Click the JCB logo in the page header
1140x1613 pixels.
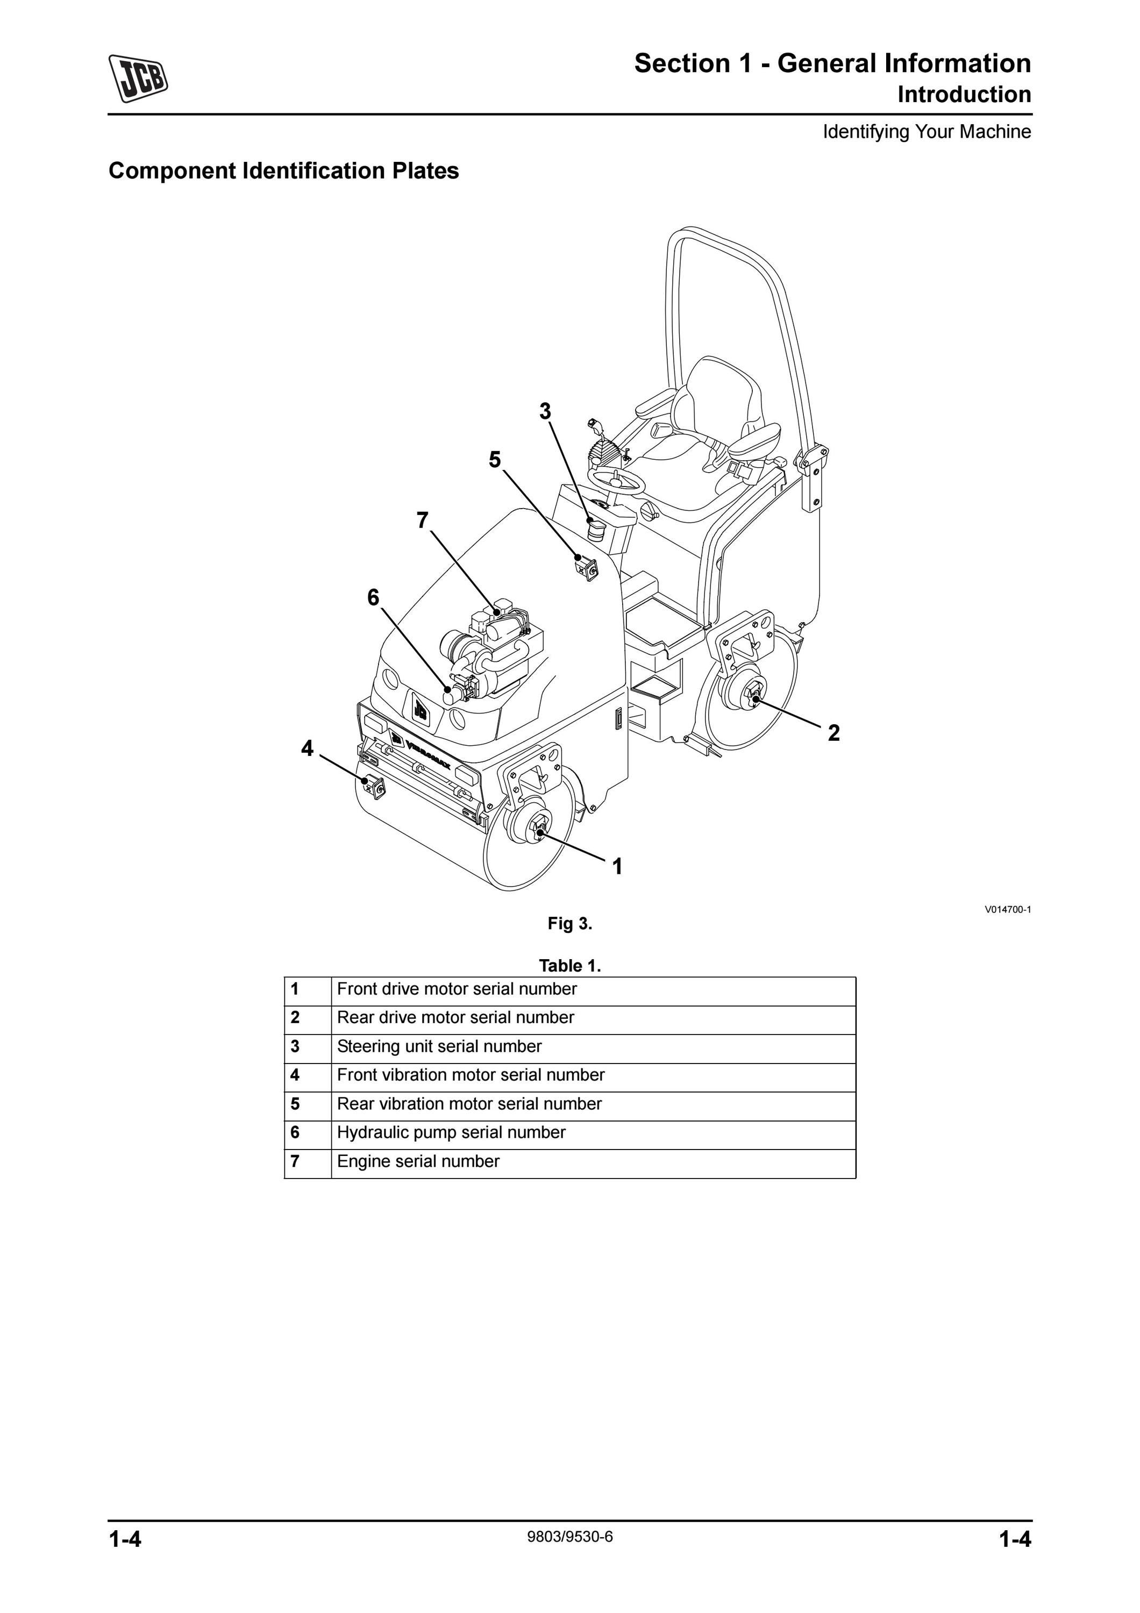coord(138,77)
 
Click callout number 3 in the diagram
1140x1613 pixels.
coord(545,411)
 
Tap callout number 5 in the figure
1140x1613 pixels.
coord(495,460)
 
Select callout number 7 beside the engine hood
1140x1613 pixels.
coord(422,520)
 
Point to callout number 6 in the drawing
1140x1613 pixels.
coord(373,598)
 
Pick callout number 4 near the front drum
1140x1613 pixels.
coord(307,749)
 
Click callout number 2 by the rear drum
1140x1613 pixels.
coord(833,733)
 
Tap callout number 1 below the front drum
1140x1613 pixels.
coord(617,867)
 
